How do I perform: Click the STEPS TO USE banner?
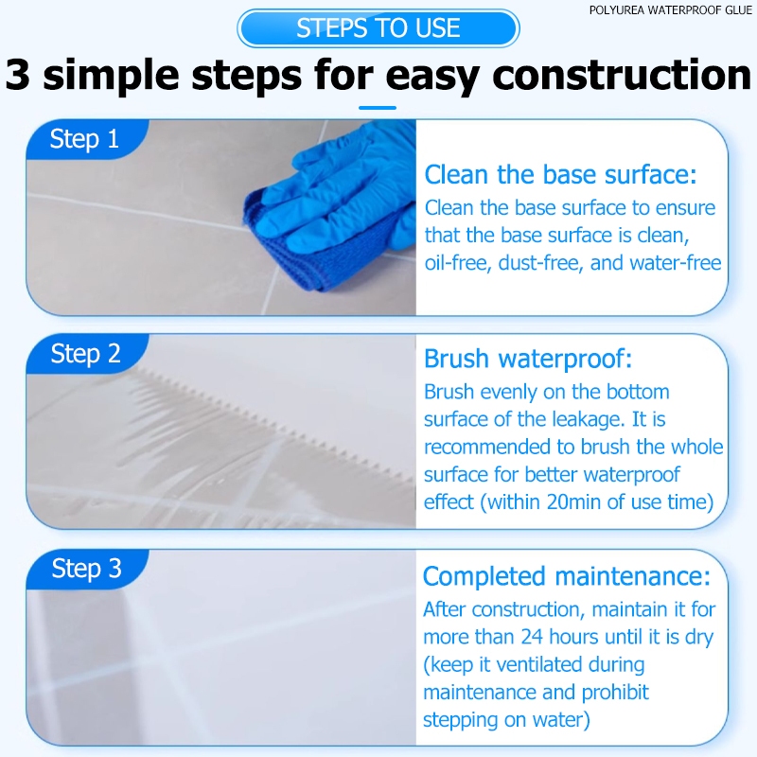(378, 28)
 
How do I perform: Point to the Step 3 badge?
(87, 569)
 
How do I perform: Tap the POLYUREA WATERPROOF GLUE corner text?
(670, 10)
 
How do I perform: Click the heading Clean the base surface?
(560, 174)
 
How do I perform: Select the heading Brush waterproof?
(528, 359)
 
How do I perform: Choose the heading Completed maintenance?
(566, 576)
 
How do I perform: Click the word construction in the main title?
(622, 75)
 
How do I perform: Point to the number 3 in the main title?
(18, 75)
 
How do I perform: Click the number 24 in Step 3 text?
(532, 637)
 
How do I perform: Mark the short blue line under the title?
(378, 108)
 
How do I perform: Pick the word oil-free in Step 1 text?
(458, 264)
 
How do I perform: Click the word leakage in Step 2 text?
(590, 419)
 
